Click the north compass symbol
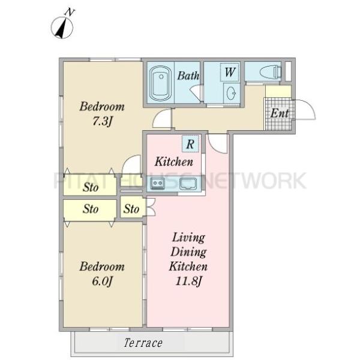click(x=62, y=26)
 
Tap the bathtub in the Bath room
click(x=160, y=82)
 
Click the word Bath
click(x=188, y=76)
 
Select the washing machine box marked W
click(x=230, y=72)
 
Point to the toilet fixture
click(x=271, y=72)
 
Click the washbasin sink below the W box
click(x=231, y=94)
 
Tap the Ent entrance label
click(x=280, y=113)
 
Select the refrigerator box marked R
click(x=190, y=144)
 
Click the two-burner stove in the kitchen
click(x=157, y=183)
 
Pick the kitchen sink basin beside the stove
click(x=188, y=184)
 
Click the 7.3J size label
click(x=102, y=121)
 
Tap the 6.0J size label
click(x=102, y=281)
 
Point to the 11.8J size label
click(x=188, y=281)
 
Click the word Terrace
click(x=143, y=343)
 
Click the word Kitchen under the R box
click(x=174, y=161)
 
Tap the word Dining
click(x=188, y=252)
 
